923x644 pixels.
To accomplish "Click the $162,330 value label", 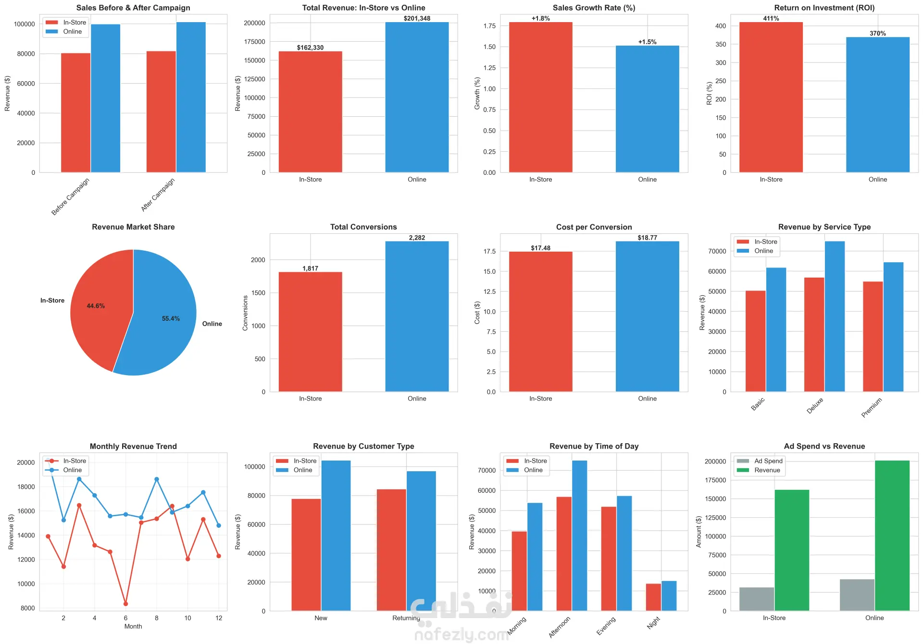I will click(310, 48).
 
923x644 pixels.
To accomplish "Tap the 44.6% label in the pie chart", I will click(96, 306).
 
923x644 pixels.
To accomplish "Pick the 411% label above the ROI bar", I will click(771, 18).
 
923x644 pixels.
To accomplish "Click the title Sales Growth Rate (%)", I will click(594, 8).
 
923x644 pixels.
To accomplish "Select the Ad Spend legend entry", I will click(768, 461).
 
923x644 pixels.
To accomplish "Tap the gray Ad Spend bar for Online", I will click(857, 595).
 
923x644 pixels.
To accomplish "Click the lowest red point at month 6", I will click(125, 604).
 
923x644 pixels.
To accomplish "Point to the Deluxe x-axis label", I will click(815, 405).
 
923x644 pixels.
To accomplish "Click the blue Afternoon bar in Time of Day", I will click(579, 535).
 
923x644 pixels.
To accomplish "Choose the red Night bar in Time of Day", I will click(653, 597).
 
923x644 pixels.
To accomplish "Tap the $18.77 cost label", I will click(647, 238).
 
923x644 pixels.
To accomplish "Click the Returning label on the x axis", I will click(406, 618).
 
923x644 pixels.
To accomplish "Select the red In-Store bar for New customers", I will click(306, 555).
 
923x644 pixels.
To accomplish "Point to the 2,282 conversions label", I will click(417, 238).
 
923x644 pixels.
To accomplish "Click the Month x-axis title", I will click(133, 626).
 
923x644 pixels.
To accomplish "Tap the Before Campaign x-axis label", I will click(71, 196).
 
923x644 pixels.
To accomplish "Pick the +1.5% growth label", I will click(647, 42).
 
